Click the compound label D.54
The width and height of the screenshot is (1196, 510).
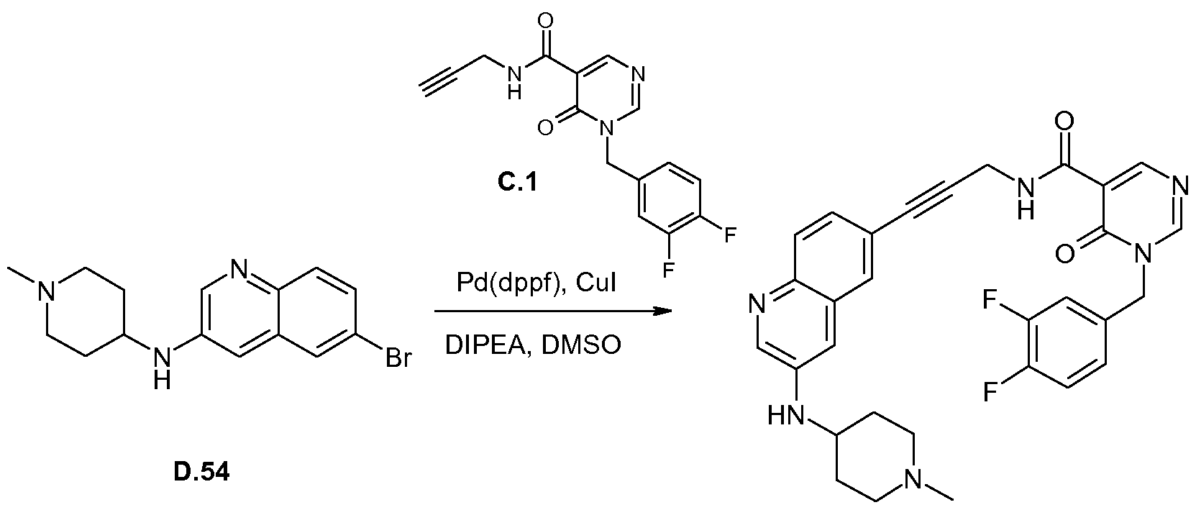click(202, 472)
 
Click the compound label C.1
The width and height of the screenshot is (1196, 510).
click(517, 183)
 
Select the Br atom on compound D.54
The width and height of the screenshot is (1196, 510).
click(399, 358)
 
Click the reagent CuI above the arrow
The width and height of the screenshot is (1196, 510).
click(596, 283)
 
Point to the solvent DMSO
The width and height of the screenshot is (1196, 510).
click(581, 345)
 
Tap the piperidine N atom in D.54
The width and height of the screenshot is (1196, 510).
click(48, 292)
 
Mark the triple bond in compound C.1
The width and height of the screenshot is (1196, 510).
click(442, 82)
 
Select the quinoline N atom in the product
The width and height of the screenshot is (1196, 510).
click(756, 306)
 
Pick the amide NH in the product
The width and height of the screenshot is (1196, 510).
click(1025, 199)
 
